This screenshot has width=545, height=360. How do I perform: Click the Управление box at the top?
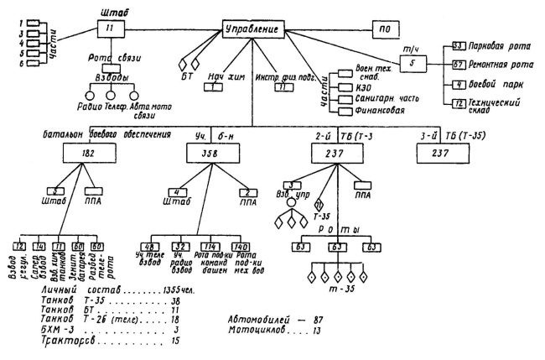pos(253,30)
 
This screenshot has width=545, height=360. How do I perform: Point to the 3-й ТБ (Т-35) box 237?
pos(445,153)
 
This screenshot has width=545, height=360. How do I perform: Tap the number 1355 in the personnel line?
pos(138,289)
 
